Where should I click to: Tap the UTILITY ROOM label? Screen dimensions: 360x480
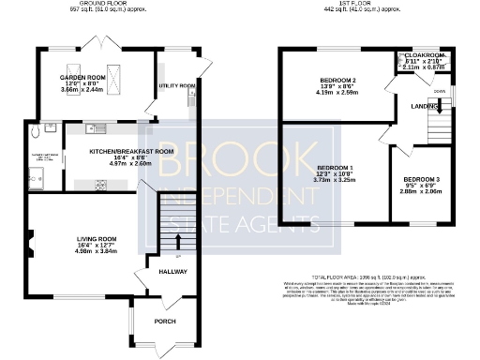point(177,86)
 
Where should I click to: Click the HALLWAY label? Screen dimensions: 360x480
point(172,272)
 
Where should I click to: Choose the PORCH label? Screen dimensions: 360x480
point(165,322)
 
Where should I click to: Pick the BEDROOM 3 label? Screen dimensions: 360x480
point(421,179)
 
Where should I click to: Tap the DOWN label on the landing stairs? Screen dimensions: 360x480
point(440,91)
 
